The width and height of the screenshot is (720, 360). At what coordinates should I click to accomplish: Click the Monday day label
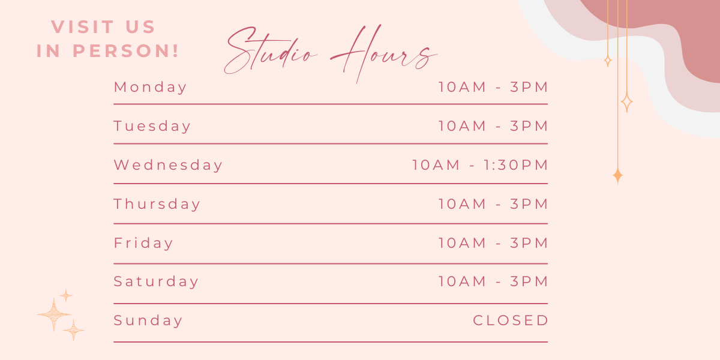(150, 88)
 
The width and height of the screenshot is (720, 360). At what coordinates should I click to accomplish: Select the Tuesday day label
(152, 126)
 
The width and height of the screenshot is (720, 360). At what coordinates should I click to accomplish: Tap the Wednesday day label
(168, 165)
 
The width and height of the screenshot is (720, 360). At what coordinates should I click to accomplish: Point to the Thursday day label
(157, 204)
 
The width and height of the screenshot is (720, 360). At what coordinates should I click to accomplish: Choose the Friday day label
(143, 242)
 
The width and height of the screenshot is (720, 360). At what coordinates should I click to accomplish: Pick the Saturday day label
(156, 281)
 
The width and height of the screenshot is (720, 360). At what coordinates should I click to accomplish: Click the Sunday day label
(148, 320)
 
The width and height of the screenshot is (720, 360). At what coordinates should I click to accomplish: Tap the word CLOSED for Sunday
(511, 320)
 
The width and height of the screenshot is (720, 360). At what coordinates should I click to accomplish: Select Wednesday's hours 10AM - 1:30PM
(480, 165)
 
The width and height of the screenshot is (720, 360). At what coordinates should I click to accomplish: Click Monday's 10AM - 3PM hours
(493, 87)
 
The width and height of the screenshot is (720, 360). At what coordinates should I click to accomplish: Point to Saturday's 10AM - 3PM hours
(493, 281)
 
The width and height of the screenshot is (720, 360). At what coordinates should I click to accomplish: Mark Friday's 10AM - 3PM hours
(493, 242)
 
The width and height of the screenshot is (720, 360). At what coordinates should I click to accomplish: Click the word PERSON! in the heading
(126, 51)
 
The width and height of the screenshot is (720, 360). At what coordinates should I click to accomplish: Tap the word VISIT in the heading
(83, 26)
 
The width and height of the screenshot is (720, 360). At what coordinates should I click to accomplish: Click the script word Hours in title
(384, 53)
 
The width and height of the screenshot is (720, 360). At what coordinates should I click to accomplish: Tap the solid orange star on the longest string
(617, 176)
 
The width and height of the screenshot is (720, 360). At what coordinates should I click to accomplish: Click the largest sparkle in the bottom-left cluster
(53, 314)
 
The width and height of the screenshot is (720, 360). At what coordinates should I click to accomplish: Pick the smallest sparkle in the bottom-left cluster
(66, 296)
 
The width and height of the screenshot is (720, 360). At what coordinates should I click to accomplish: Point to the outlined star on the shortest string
(607, 61)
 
